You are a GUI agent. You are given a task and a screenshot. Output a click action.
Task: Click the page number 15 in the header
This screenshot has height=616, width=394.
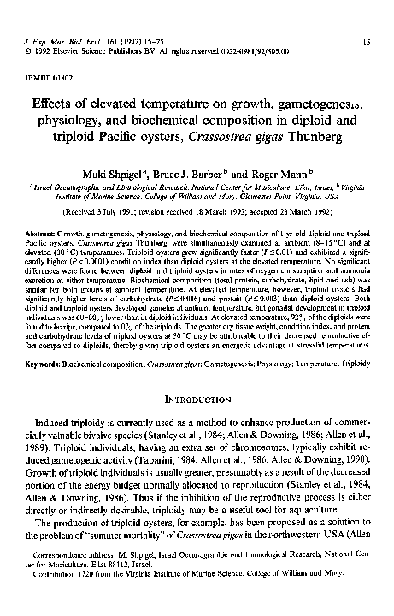tap(365, 41)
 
